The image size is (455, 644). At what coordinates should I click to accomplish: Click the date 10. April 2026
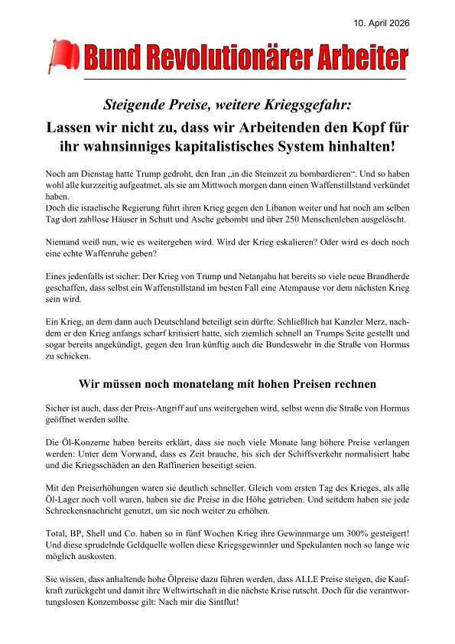382,24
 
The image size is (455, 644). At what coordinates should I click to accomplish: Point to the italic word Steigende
136,102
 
